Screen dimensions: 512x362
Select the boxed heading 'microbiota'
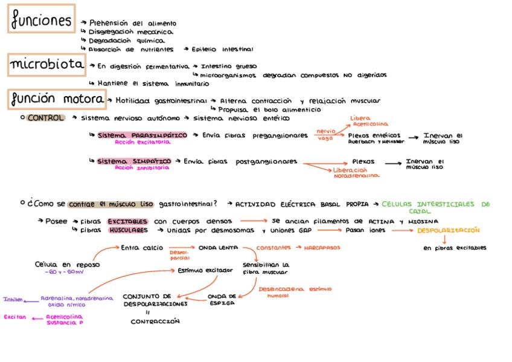(46, 64)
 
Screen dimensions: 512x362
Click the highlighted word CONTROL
(45, 118)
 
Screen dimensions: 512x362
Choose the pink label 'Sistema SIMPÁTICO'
(134, 162)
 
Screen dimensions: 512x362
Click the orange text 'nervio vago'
(326, 134)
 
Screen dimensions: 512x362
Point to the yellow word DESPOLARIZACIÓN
(448, 230)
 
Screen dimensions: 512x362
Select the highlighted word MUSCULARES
(128, 230)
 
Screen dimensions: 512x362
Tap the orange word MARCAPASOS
(322, 248)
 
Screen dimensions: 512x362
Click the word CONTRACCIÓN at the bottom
(155, 322)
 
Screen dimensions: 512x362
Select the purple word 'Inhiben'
(13, 299)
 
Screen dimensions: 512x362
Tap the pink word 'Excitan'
(14, 317)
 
